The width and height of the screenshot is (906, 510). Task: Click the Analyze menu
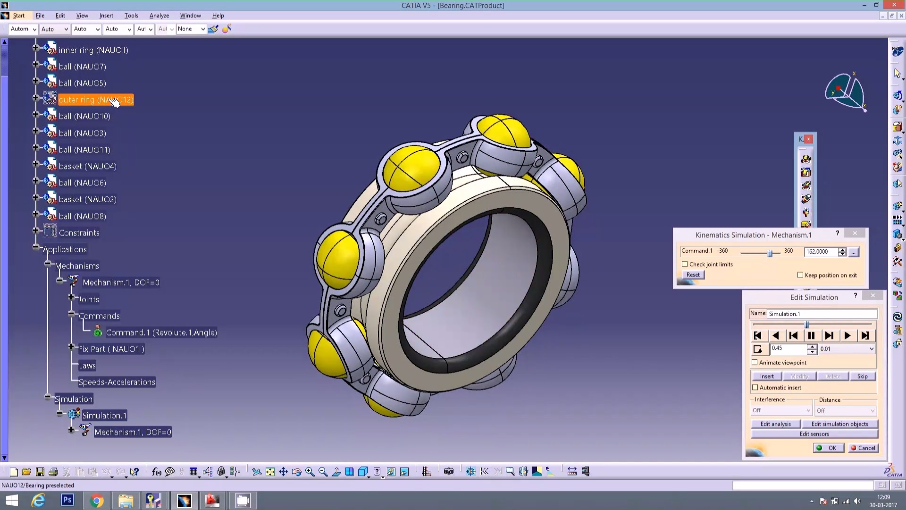pyautogui.click(x=159, y=16)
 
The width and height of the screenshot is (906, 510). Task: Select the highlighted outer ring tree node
pyautogui.click(x=96, y=100)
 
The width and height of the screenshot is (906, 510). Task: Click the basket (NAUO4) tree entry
pyautogui.click(x=87, y=166)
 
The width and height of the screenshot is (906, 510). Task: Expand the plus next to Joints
pyautogui.click(x=71, y=297)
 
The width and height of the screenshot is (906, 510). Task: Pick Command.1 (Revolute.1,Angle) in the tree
pyautogui.click(x=161, y=332)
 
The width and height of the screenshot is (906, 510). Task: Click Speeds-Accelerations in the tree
pyautogui.click(x=117, y=382)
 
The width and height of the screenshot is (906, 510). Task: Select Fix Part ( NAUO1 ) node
pyautogui.click(x=111, y=349)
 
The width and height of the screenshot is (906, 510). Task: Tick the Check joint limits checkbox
pyautogui.click(x=685, y=264)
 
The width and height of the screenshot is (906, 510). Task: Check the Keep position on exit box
pyautogui.click(x=800, y=275)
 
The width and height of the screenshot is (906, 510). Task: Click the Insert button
pyautogui.click(x=767, y=376)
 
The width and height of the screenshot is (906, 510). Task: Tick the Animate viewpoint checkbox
pyautogui.click(x=755, y=363)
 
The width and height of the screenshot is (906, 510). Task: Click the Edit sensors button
pyautogui.click(x=814, y=434)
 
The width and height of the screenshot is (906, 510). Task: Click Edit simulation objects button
pyautogui.click(x=839, y=424)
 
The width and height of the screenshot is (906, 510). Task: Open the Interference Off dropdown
pyautogui.click(x=781, y=410)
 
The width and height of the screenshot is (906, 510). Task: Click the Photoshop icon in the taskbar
pyautogui.click(x=67, y=500)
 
